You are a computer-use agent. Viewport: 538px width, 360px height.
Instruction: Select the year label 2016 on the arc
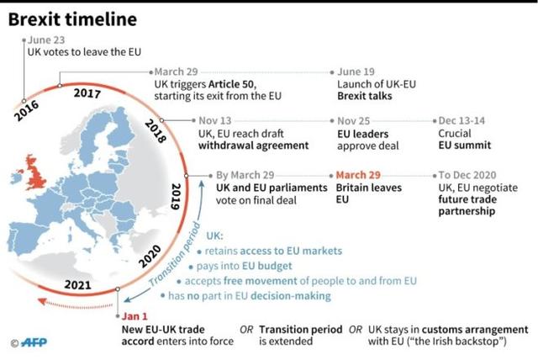(26, 110)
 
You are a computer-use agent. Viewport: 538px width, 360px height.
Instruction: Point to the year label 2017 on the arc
(87, 93)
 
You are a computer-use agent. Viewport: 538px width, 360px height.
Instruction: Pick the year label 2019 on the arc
(175, 194)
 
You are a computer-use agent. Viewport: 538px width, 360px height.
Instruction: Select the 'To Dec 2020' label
(472, 175)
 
